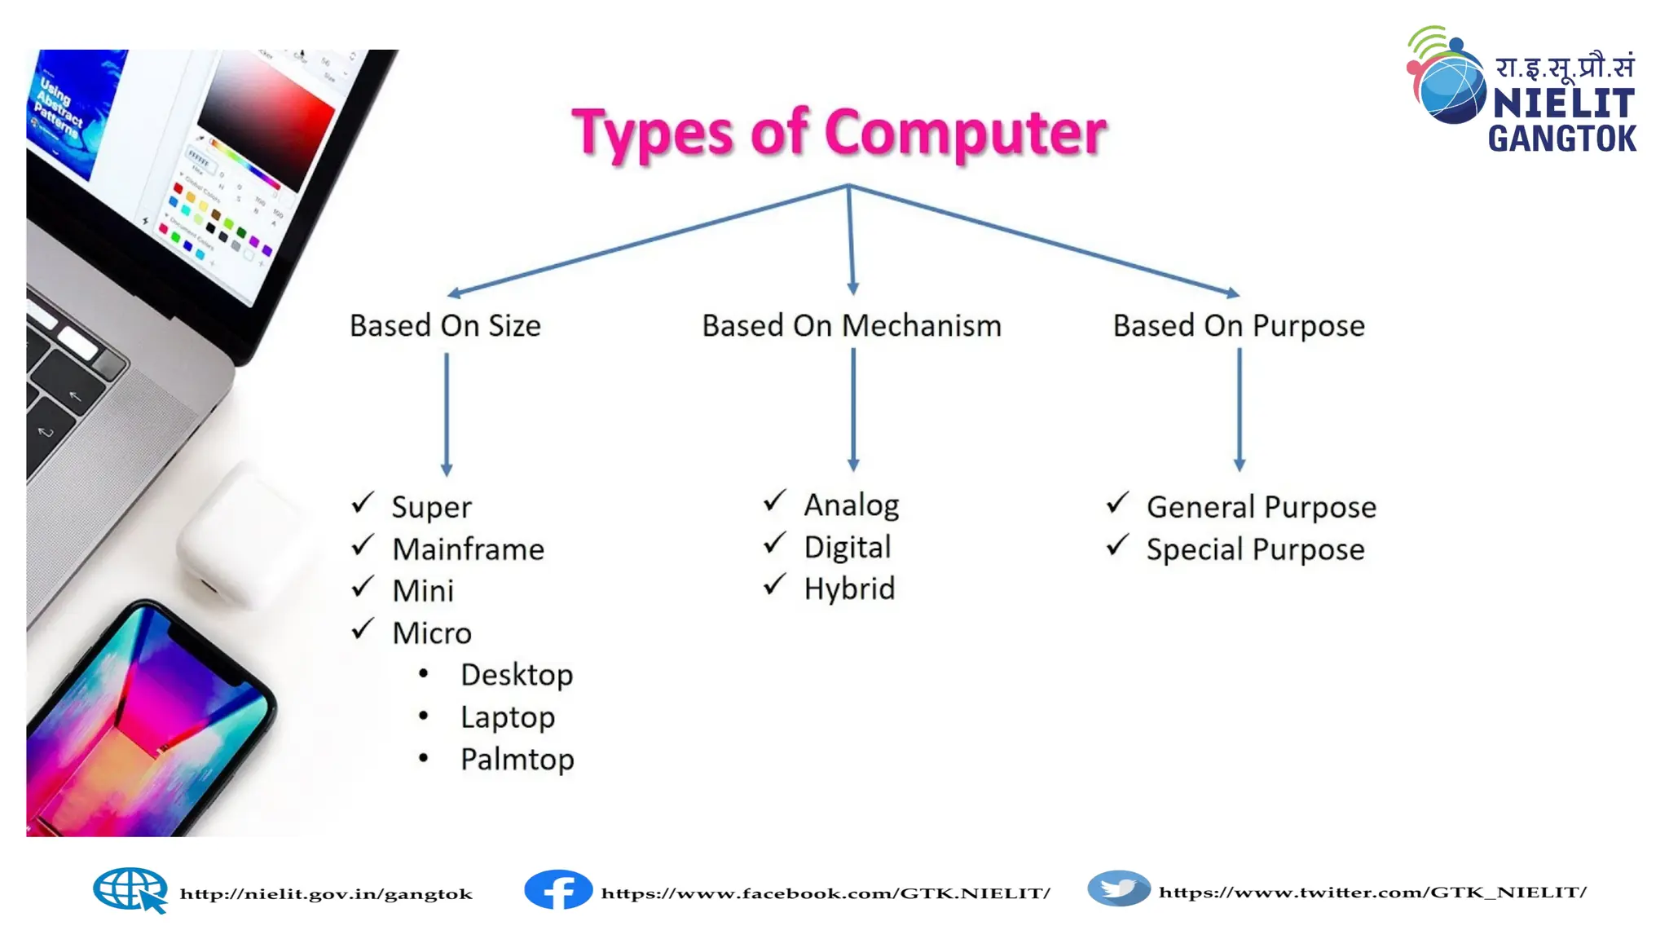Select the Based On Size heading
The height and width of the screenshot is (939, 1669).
[x=445, y=326]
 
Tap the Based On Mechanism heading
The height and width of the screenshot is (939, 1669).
[x=852, y=326]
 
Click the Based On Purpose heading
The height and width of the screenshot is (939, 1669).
[x=1238, y=326]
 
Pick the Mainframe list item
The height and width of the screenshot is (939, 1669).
[x=468, y=549]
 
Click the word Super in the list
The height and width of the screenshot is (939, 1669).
[x=431, y=507]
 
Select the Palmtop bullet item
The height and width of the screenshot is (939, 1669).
[x=517, y=760]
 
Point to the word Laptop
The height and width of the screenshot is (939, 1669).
[x=507, y=717]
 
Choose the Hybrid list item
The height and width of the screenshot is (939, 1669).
[x=849, y=589]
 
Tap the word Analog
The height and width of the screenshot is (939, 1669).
[x=851, y=505]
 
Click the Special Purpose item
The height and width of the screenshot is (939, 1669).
[x=1255, y=550]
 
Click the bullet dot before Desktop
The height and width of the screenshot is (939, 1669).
[x=423, y=674]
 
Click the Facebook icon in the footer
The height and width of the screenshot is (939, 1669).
[x=558, y=890]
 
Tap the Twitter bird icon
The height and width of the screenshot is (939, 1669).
[x=1119, y=888]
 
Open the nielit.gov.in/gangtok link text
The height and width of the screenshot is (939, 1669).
[x=326, y=894]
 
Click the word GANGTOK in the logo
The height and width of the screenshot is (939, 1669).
[x=1561, y=139]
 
